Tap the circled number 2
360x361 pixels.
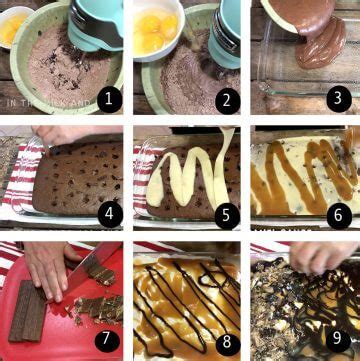(x=223, y=97)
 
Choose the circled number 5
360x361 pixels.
(x=223, y=213)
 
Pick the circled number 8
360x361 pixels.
(x=223, y=337)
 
